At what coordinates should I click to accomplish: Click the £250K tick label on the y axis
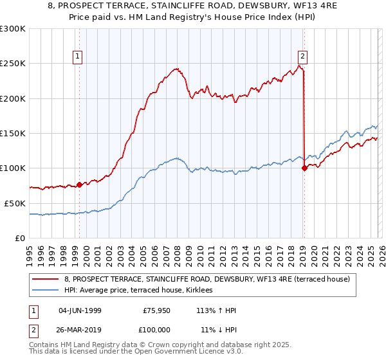pyautogui.click(x=13, y=64)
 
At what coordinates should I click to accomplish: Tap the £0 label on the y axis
pyautogui.click(x=20, y=238)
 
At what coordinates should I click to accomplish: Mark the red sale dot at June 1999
pyautogui.click(x=79, y=184)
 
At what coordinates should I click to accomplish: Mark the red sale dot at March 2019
pyautogui.click(x=304, y=168)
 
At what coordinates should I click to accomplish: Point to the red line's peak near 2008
pyautogui.click(x=175, y=68)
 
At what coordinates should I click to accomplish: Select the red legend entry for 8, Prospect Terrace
pyautogui.click(x=206, y=279)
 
